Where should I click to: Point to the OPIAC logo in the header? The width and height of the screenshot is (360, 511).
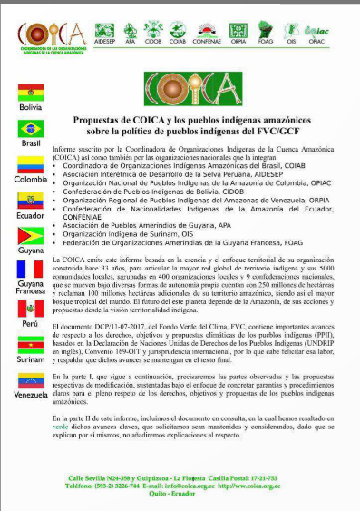[x=340, y=28]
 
